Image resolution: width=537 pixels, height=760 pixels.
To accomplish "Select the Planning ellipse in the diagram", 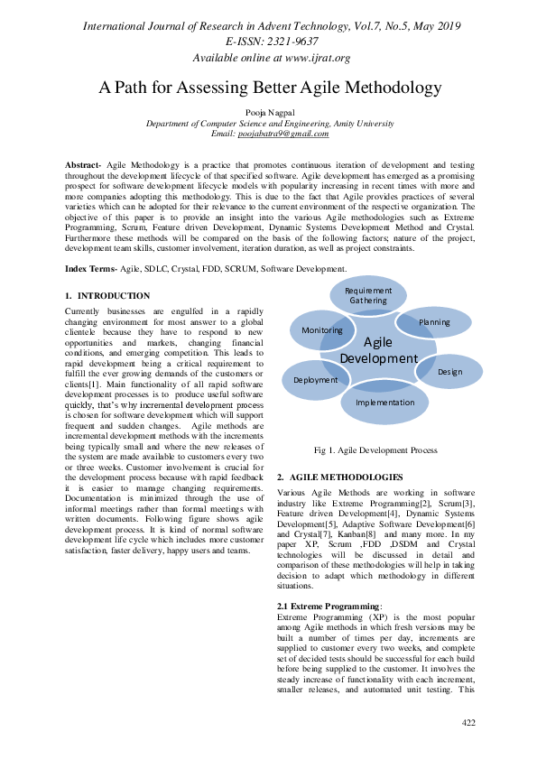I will (x=434, y=321).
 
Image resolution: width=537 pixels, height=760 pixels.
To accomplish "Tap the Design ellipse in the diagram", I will (x=449, y=371).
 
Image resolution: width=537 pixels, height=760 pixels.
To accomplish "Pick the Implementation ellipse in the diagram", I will (x=384, y=403).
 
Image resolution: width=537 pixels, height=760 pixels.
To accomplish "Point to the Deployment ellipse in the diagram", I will (x=316, y=380).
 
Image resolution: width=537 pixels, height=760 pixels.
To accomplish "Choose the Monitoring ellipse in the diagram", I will (x=322, y=329).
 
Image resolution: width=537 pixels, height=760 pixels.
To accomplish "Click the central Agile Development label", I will (x=378, y=350).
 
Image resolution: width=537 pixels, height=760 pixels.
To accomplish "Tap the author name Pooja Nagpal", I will (x=268, y=112).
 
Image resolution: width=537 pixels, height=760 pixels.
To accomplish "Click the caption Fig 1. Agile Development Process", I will (x=375, y=450).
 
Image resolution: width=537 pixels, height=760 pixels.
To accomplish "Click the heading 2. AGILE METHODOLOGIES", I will (x=339, y=476).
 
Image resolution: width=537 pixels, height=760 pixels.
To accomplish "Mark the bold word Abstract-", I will (x=84, y=166).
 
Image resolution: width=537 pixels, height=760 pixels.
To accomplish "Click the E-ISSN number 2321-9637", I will (x=288, y=42).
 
